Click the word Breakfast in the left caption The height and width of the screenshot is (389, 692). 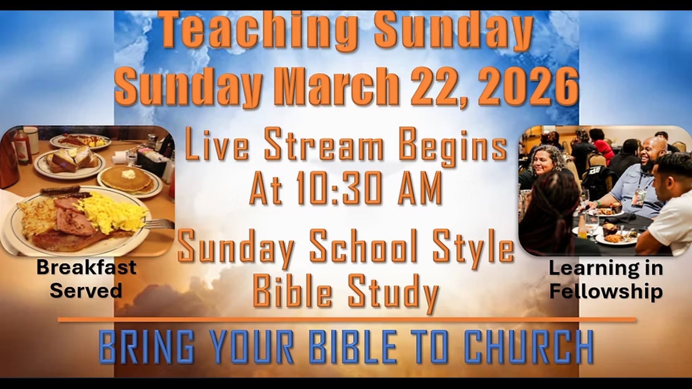[x=86, y=267]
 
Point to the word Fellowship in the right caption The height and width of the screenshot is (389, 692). [x=606, y=291]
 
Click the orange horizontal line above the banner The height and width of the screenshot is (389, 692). [x=346, y=319]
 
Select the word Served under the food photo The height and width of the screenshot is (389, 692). [x=86, y=290]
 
